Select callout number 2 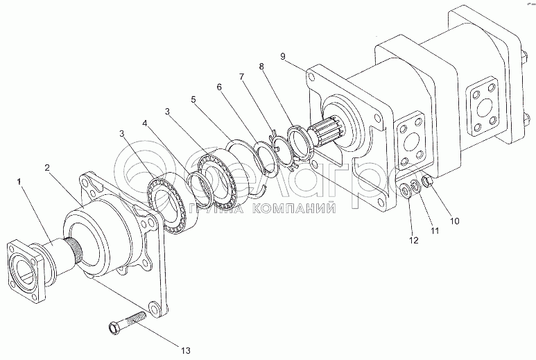pyautogui.click(x=47, y=167)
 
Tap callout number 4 pyautogui.click(x=145, y=123)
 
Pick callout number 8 pyautogui.click(x=261, y=67)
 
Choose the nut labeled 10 pyautogui.click(x=427, y=182)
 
